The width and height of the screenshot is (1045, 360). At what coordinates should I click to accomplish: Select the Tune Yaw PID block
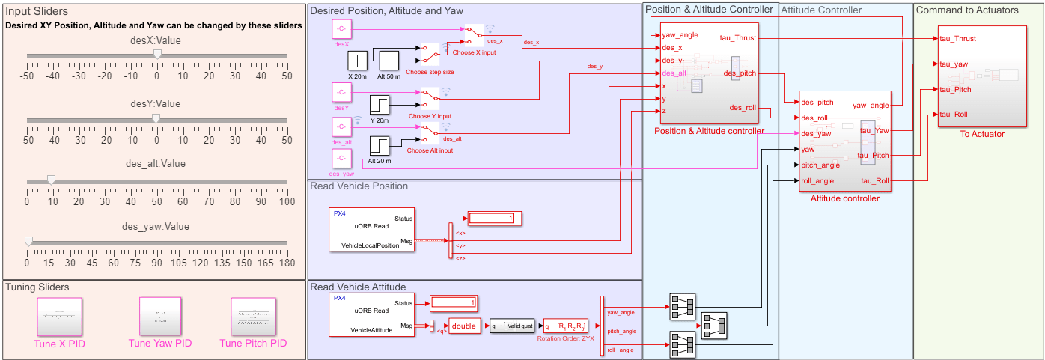160,317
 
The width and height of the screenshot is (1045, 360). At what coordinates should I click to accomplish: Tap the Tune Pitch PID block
254,317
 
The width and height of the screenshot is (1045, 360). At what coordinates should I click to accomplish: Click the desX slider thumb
156,54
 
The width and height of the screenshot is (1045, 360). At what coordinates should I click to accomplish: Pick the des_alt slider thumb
50,179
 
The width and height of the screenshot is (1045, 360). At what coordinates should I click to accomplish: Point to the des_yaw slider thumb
28,241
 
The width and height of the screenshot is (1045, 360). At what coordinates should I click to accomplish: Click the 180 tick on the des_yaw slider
286,263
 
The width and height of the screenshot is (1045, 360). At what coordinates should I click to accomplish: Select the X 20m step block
361,61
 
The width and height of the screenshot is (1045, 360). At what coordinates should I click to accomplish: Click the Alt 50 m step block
391,61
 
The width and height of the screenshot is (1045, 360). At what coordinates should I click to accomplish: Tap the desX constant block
341,29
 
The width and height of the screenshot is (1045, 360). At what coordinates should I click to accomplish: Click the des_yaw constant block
341,159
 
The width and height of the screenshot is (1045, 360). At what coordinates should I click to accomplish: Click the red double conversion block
464,326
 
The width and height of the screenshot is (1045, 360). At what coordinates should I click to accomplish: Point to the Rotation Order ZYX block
566,326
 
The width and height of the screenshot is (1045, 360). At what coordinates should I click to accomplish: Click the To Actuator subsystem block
982,77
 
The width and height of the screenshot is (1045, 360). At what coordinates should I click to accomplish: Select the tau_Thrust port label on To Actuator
958,38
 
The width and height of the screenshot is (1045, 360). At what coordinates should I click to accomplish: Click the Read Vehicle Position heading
359,186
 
